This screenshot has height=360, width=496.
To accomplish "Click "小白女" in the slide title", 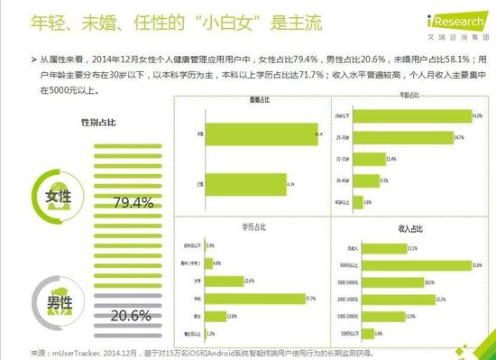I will coord(208,19).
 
